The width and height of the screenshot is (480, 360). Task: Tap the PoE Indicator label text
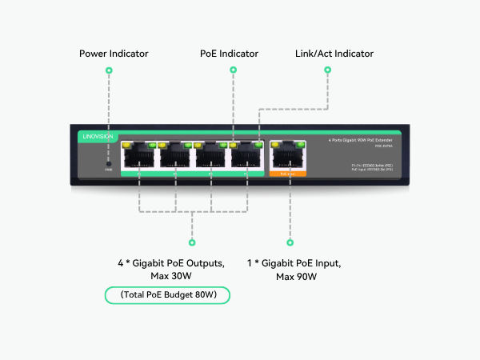(229, 54)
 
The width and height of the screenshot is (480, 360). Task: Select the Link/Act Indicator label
(334, 54)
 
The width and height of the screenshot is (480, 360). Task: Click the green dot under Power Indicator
(109, 70)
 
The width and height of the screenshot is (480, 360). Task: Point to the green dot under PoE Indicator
(233, 70)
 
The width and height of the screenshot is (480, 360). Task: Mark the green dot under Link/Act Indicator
(327, 70)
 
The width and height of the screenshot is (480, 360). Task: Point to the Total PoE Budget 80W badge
(167, 296)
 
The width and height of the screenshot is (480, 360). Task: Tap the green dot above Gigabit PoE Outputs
(191, 242)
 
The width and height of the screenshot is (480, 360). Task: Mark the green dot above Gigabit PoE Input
(290, 242)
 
